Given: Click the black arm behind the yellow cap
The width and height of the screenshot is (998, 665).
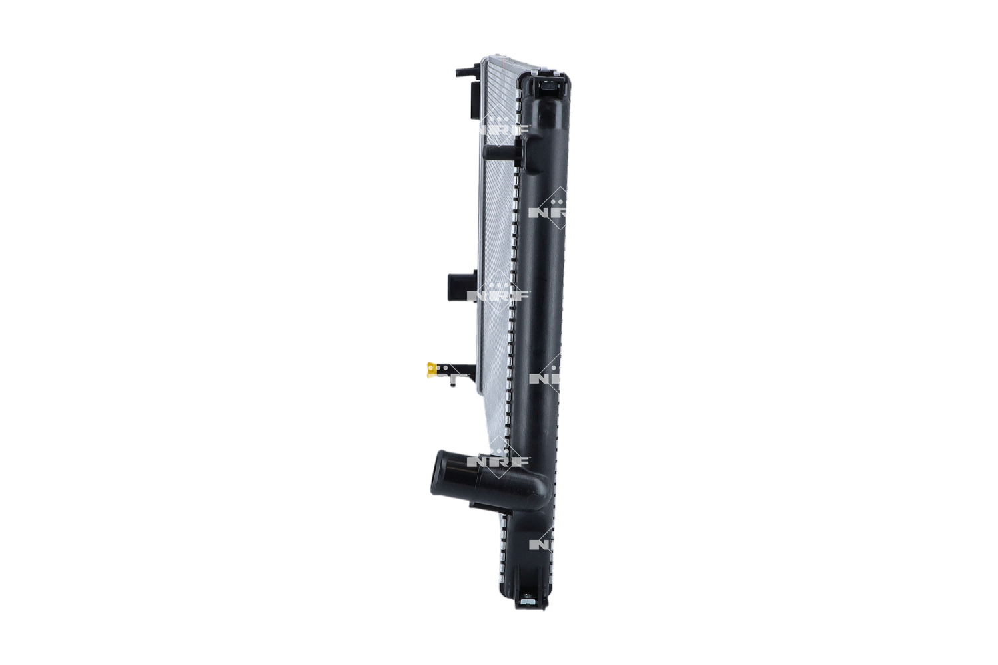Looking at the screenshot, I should (x=459, y=367).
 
